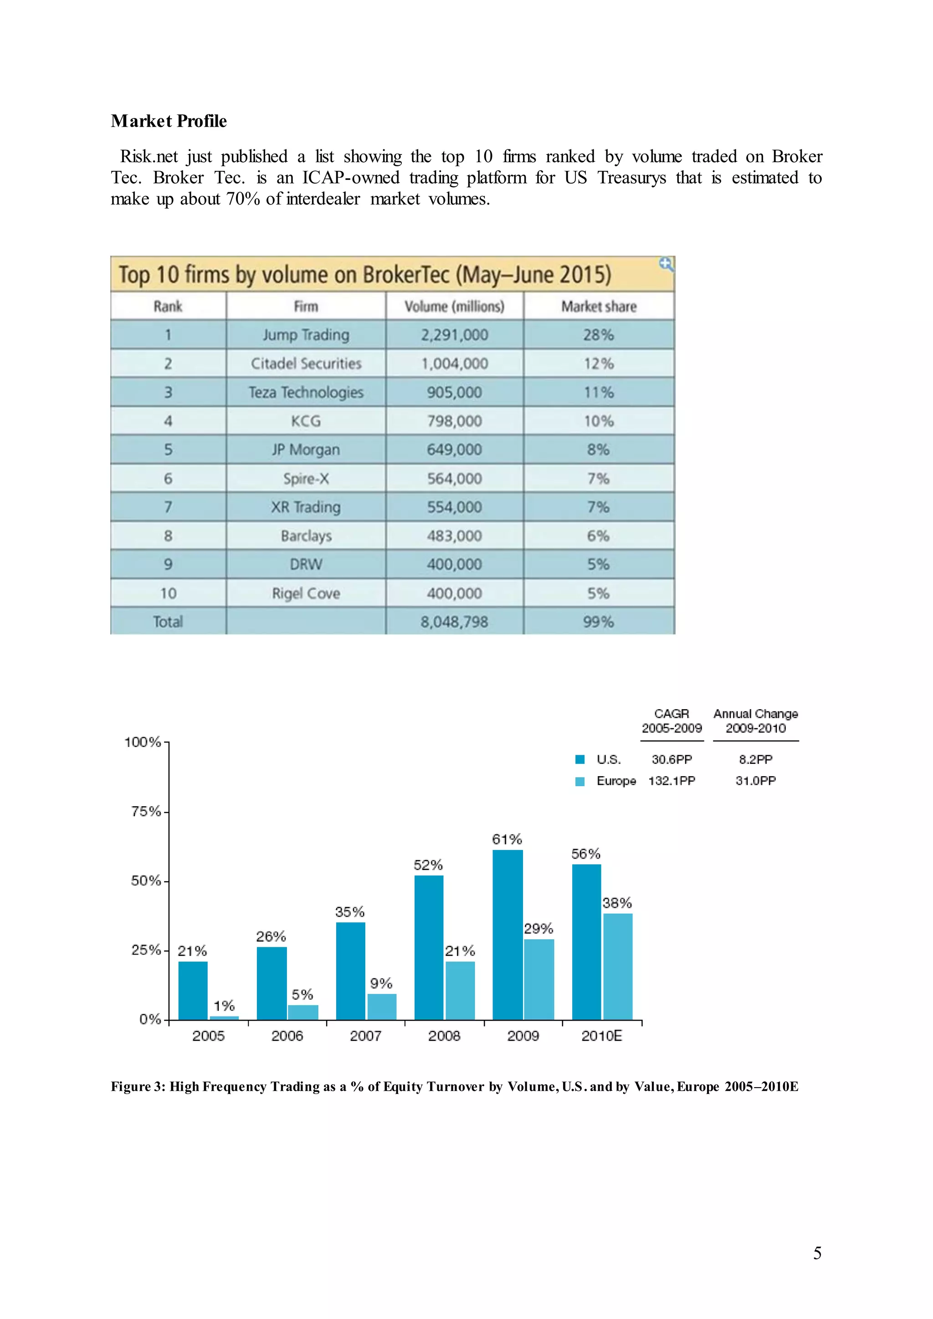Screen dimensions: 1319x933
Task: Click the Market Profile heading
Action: tap(169, 121)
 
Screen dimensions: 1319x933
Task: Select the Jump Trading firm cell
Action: tap(306, 335)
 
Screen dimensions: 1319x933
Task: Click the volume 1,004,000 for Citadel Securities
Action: tap(455, 363)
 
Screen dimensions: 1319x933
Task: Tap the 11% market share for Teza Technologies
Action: tap(599, 392)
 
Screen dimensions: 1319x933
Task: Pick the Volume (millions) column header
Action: tap(455, 306)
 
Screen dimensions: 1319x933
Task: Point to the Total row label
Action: tap(168, 622)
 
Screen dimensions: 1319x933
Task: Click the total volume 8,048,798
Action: tap(455, 622)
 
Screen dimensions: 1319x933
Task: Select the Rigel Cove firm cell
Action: tap(306, 593)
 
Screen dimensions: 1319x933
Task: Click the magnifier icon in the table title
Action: tap(666, 264)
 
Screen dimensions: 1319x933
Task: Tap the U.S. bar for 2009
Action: tap(508, 935)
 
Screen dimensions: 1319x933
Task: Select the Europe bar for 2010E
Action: tap(618, 967)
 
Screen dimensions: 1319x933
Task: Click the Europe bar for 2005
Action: tap(224, 1018)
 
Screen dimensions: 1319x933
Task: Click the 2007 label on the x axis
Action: tap(365, 1036)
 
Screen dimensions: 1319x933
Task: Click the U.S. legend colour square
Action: tap(580, 759)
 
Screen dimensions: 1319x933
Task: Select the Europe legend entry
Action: tap(616, 781)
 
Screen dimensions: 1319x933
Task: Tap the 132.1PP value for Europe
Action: tap(672, 781)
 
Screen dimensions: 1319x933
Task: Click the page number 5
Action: tap(817, 1253)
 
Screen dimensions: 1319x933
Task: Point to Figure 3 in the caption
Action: tap(138, 1086)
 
